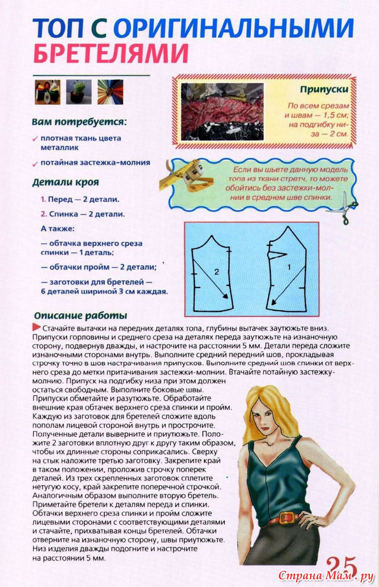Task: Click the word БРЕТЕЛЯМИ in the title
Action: tap(111, 53)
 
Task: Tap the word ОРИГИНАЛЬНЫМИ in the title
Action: tap(234, 29)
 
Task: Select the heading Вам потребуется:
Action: tap(79, 121)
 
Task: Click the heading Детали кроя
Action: tap(65, 182)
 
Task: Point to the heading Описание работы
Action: tap(80, 316)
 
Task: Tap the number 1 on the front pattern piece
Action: tap(288, 267)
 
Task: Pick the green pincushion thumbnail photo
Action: tap(78, 92)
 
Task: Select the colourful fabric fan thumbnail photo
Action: tap(110, 92)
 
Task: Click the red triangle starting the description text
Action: tap(36, 327)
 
